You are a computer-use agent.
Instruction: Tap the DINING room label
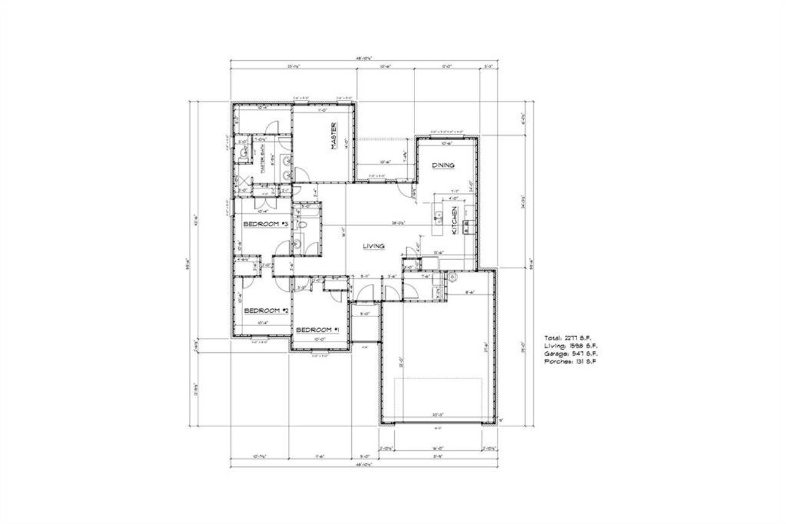(x=443, y=165)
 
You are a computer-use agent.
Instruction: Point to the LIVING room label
(x=373, y=246)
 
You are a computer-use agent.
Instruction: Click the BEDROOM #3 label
(x=265, y=224)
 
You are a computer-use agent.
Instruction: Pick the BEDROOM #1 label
(x=318, y=330)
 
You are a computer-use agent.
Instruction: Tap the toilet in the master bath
(x=244, y=152)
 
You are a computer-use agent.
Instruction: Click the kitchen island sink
(x=438, y=217)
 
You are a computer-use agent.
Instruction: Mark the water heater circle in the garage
(x=453, y=278)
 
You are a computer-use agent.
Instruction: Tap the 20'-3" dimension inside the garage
(x=438, y=415)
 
